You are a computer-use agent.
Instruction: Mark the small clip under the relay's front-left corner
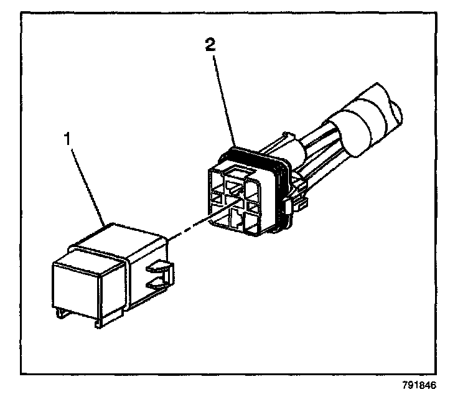tap(60, 313)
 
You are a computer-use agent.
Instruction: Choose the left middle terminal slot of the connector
tap(217, 199)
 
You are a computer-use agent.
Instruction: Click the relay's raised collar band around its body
tap(124, 261)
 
